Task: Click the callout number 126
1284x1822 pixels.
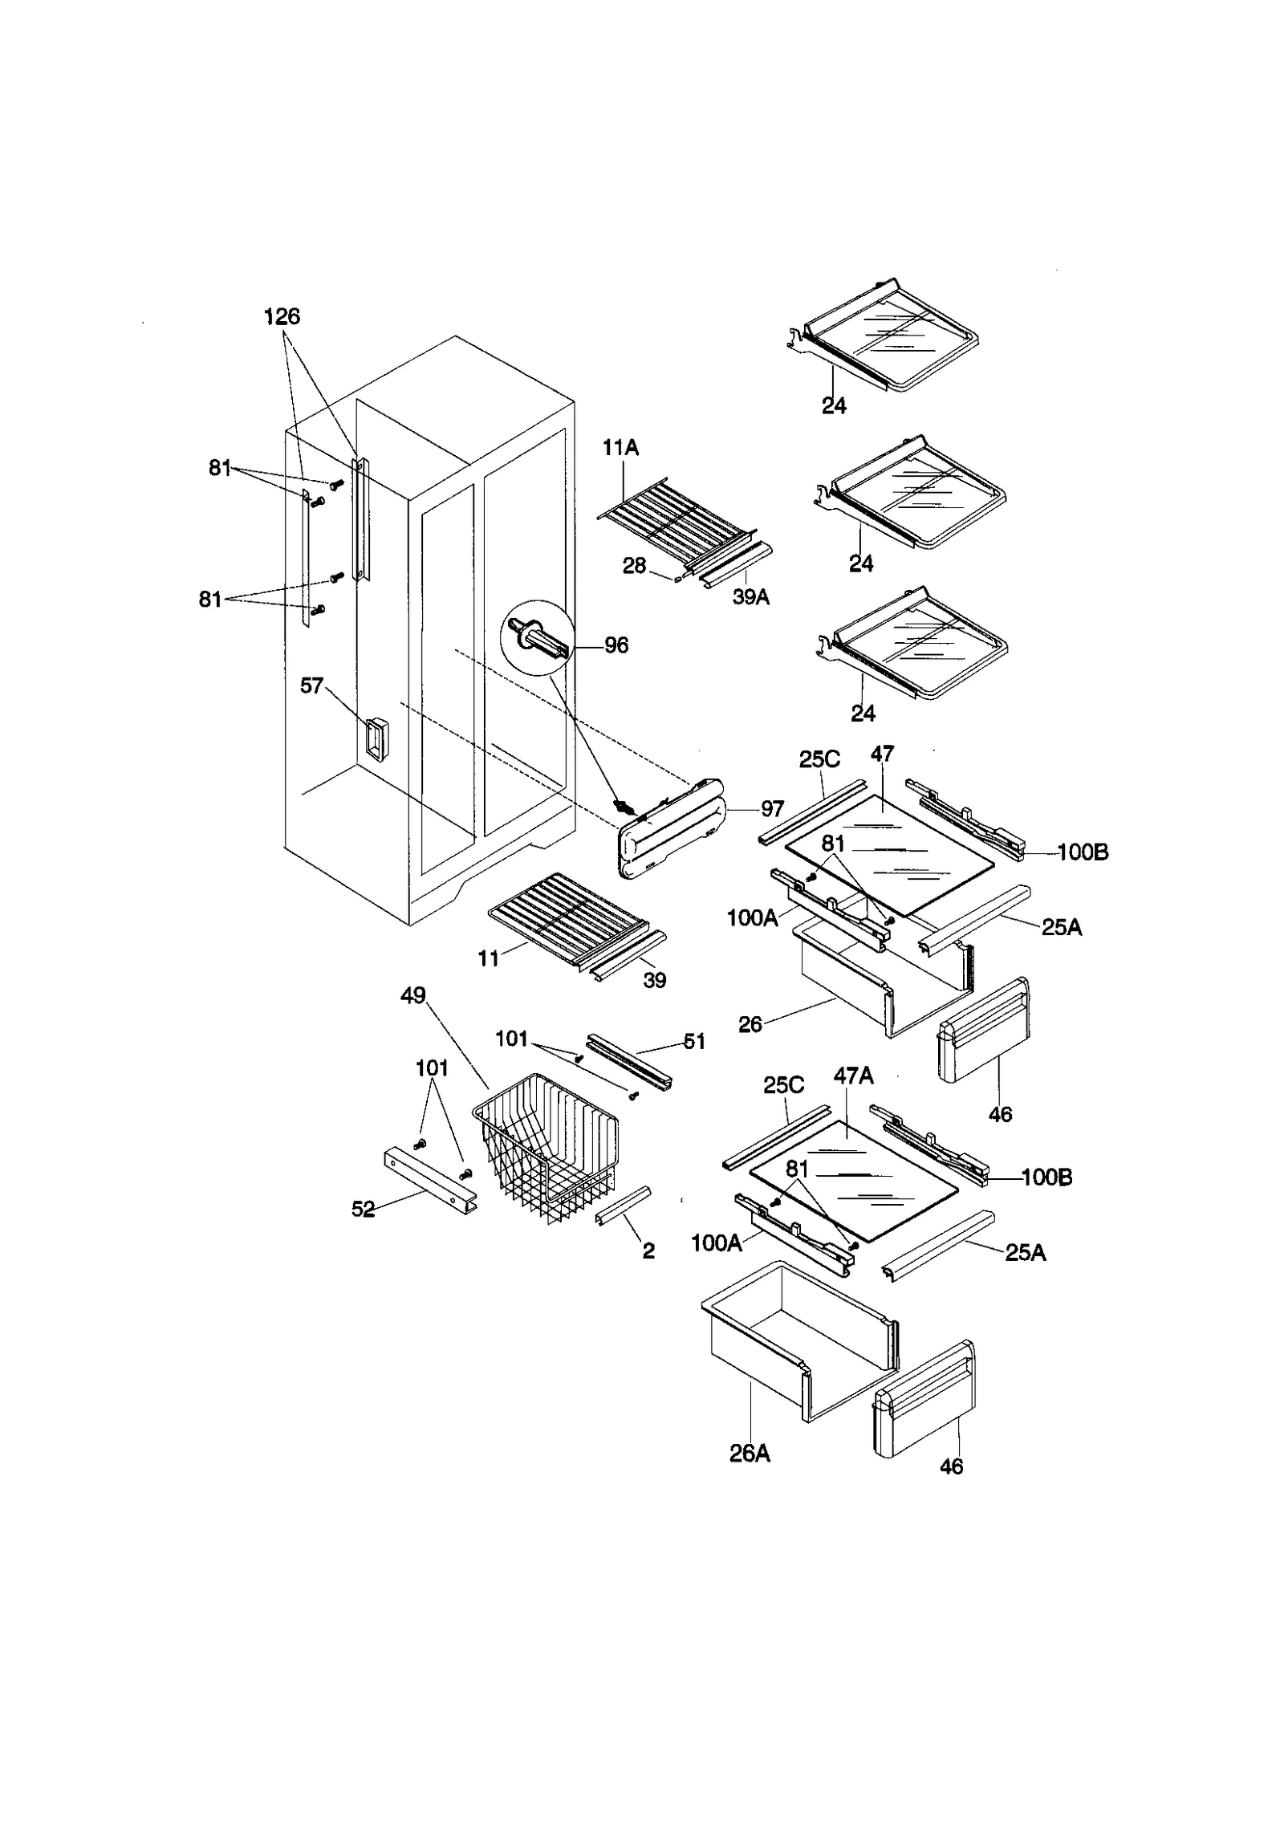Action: point(282,317)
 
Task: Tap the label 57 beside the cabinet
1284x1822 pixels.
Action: point(311,685)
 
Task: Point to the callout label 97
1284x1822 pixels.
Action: point(772,808)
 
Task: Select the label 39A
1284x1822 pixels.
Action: point(750,597)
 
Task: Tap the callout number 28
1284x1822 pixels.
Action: point(634,566)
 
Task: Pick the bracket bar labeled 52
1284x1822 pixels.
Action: point(429,1179)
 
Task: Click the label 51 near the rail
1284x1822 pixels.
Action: point(693,1042)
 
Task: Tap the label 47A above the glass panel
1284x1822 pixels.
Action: point(853,1076)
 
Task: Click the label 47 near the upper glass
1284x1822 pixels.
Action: point(882,754)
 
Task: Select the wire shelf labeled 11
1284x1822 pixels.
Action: point(566,910)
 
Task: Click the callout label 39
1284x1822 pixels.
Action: point(654,980)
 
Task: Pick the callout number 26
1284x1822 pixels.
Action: point(750,1025)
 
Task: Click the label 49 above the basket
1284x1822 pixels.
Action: point(412,995)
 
